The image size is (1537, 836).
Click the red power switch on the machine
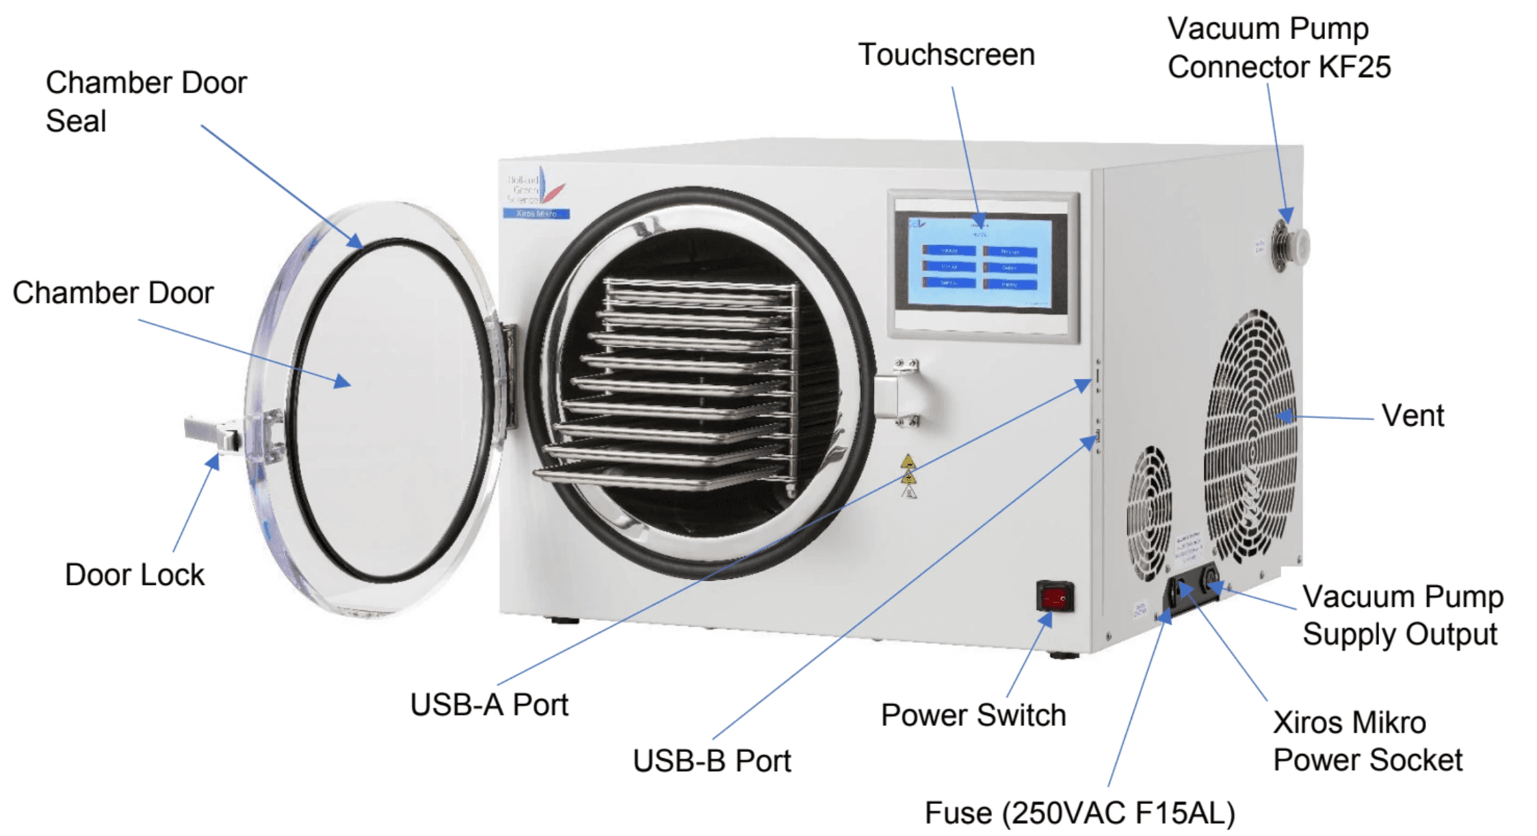pos(1054,597)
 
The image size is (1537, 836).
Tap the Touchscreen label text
pos(946,55)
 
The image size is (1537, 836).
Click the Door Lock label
pos(134,575)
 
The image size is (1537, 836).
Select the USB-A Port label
pos(489,705)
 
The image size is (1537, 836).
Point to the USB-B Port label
pos(711,761)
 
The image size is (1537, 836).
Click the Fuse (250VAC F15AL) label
pos(1079,813)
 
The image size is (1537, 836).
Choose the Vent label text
pos(1413,415)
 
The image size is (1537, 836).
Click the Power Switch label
pos(973,716)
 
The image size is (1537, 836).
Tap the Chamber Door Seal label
pos(146,101)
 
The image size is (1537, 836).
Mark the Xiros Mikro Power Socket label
pos(1367,741)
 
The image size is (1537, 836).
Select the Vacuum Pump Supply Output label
pos(1402,615)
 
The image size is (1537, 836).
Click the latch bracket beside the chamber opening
pos(901,393)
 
